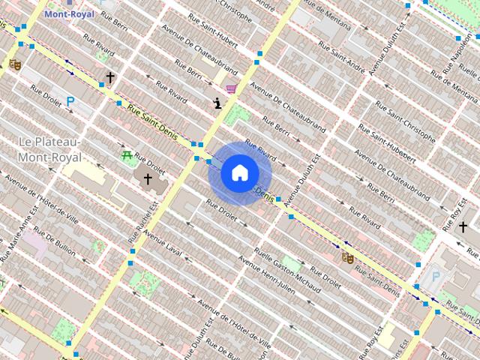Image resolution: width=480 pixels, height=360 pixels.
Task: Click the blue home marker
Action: click(239, 173)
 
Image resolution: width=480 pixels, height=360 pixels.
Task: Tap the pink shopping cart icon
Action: click(232, 88)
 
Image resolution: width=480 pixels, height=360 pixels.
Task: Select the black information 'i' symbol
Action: click(217, 103)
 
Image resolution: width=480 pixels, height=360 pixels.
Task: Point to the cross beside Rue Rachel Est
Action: click(148, 179)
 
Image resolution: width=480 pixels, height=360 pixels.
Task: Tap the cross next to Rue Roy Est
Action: click(463, 226)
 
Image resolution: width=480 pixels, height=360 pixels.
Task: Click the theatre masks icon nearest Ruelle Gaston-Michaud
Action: click(346, 256)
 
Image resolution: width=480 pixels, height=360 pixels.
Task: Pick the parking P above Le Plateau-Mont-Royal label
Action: click(70, 101)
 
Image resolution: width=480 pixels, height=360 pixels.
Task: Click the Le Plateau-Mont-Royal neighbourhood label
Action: click(50, 149)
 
